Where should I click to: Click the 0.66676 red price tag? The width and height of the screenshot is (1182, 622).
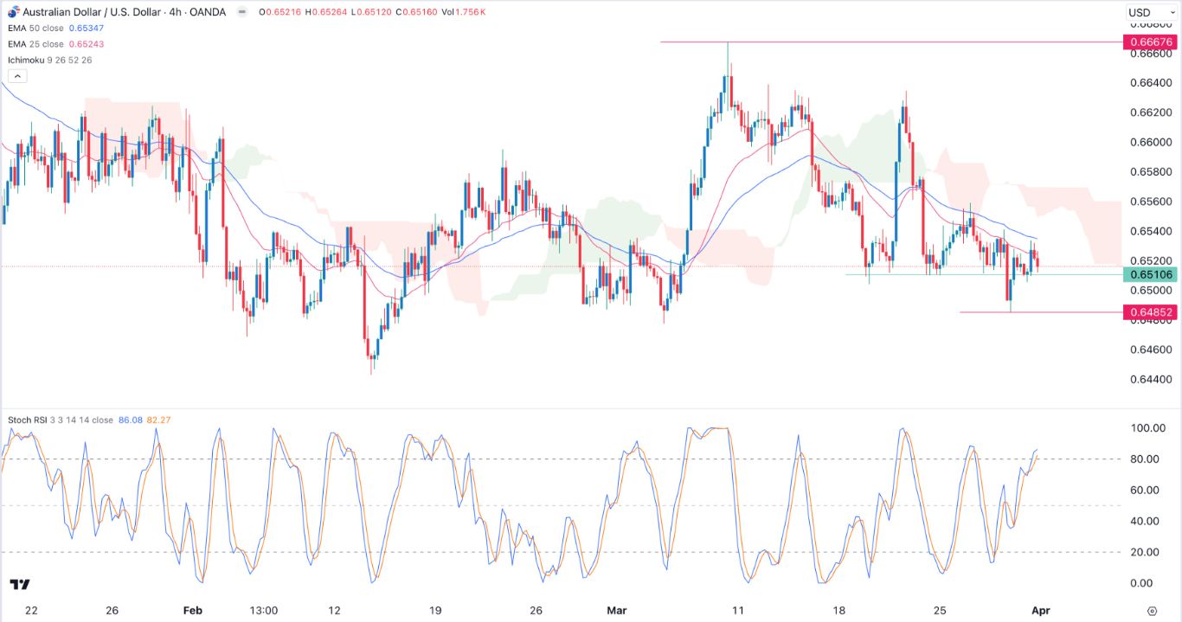click(x=1149, y=42)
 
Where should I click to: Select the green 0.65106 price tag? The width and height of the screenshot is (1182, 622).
click(x=1149, y=275)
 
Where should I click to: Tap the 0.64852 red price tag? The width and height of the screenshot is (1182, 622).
click(x=1149, y=312)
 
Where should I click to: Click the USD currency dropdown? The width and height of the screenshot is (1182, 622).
click(x=1146, y=12)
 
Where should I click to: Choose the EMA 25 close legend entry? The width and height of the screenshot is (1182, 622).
click(x=40, y=44)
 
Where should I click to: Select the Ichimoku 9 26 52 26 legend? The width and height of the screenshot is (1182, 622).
click(x=49, y=59)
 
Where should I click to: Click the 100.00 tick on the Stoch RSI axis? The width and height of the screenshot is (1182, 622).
click(x=1147, y=428)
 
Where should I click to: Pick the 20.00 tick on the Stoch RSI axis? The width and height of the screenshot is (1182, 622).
click(x=1147, y=552)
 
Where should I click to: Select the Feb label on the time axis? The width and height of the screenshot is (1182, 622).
click(x=192, y=610)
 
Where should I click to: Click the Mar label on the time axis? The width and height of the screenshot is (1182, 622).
click(x=616, y=610)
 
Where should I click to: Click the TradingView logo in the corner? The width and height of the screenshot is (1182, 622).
click(x=21, y=585)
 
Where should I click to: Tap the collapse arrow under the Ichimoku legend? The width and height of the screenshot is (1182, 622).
click(x=18, y=76)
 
